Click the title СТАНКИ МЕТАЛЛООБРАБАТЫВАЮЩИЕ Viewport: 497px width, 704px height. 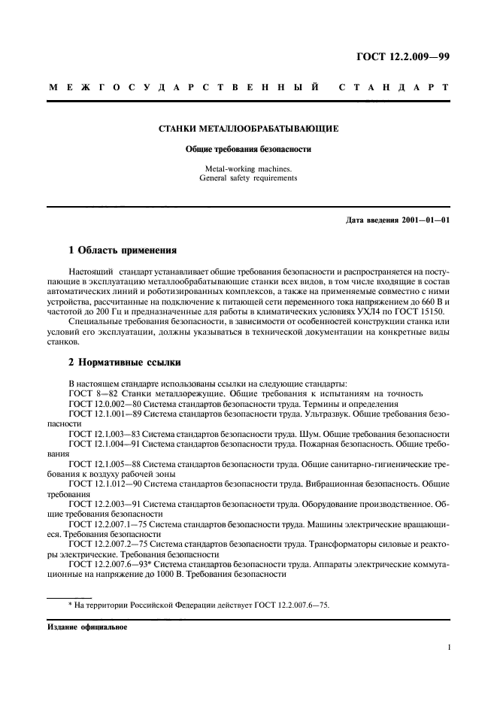point(248,129)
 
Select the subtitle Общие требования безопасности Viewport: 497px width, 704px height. point(248,149)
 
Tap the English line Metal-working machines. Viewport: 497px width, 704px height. point(248,168)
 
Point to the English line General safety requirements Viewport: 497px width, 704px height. point(248,178)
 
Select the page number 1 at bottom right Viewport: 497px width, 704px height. point(447,646)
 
